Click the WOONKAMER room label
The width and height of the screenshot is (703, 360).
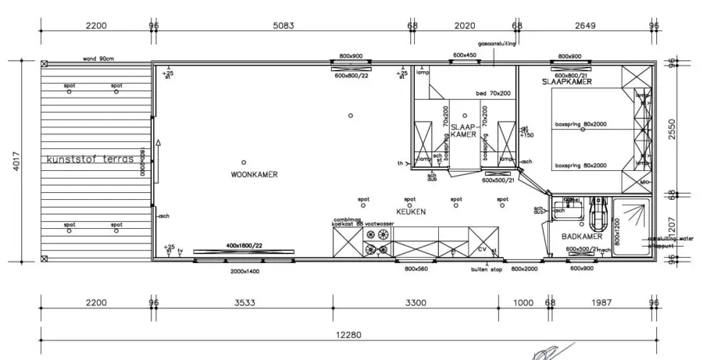(x=254, y=174)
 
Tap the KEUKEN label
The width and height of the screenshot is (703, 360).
(x=409, y=211)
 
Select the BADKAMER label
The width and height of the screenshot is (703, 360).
(x=580, y=235)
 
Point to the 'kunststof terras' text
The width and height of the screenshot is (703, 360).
(x=91, y=159)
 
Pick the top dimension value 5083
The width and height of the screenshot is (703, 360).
(x=283, y=26)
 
